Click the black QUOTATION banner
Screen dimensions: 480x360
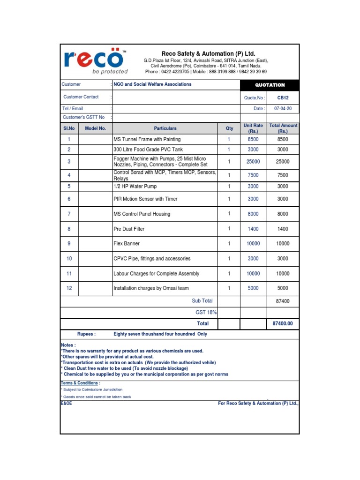pos(270,85)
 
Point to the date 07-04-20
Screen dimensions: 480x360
pos(283,108)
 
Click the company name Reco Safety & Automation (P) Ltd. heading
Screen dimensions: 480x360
pos(209,54)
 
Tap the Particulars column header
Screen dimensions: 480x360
pos(165,128)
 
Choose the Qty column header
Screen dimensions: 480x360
pos(229,128)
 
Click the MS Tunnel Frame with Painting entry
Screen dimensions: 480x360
pos(147,139)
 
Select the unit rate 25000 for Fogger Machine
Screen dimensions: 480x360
pos(253,162)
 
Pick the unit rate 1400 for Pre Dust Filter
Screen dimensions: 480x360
pos(253,229)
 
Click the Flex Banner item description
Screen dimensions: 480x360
pos(127,244)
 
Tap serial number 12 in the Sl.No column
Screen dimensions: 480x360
pos(69,288)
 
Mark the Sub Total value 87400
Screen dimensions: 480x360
pos(283,301)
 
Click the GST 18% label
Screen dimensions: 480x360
pos(206,312)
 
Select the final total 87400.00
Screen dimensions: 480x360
pos(283,323)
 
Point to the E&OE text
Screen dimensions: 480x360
pos(67,403)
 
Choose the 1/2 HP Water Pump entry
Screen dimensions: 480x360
pos(135,186)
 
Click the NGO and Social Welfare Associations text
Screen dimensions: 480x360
pos(152,84)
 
